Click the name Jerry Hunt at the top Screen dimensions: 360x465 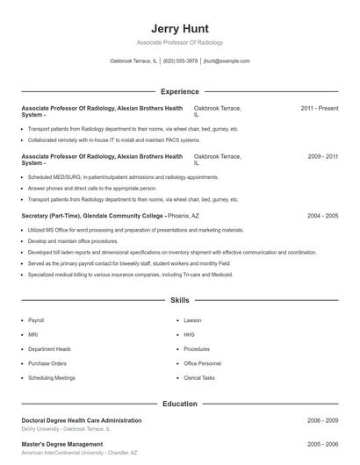pyautogui.click(x=180, y=28)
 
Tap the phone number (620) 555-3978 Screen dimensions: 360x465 pyautogui.click(x=180, y=61)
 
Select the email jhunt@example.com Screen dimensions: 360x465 pyautogui.click(x=227, y=61)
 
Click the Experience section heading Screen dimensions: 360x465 pyautogui.click(x=180, y=91)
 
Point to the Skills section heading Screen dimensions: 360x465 pyautogui.click(x=180, y=300)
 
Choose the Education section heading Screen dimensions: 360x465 pyautogui.click(x=180, y=404)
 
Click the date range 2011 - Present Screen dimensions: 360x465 pyautogui.click(x=319, y=108)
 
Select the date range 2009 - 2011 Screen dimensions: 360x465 pyautogui.click(x=322, y=156)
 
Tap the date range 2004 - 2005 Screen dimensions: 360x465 pyautogui.click(x=322, y=215)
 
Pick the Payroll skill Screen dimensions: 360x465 pyautogui.click(x=36, y=320)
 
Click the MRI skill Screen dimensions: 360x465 pyautogui.click(x=32, y=334)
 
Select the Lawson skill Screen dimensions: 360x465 pyautogui.click(x=192, y=320)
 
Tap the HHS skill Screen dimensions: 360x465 pyautogui.click(x=189, y=334)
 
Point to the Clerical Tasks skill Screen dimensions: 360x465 pyautogui.click(x=199, y=377)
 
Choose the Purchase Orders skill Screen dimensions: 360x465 pyautogui.click(x=47, y=363)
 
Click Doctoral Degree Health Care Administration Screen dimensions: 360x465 pyautogui.click(x=81, y=420)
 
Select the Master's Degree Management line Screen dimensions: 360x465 pyautogui.click(x=61, y=445)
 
